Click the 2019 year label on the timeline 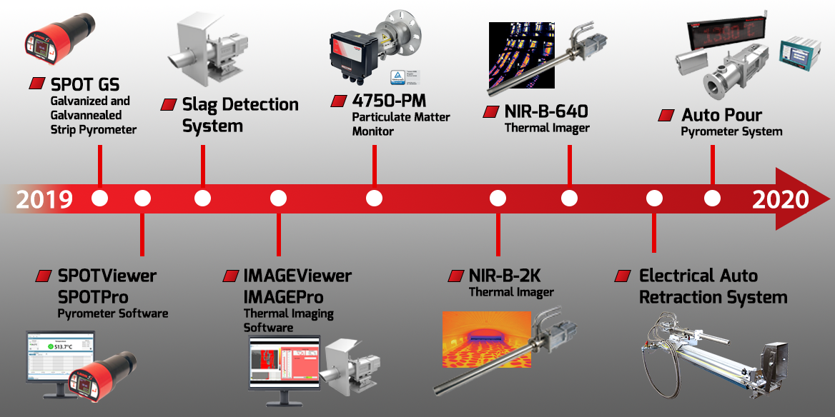tap(44, 199)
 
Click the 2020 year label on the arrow tap(780, 199)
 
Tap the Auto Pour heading tap(721, 115)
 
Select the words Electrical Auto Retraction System tap(713, 286)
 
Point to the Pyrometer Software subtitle tap(113, 313)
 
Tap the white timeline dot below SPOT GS tap(100, 199)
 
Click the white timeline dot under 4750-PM tap(374, 199)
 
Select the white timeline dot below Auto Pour tap(712, 199)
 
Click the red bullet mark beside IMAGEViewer tap(231, 276)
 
